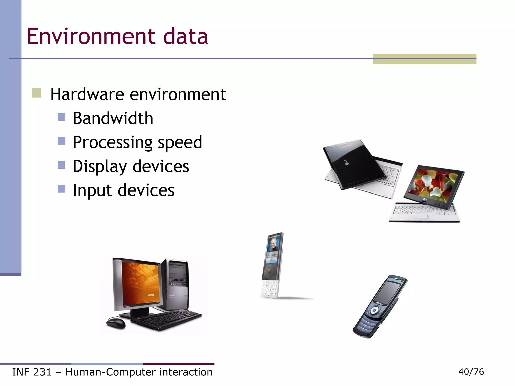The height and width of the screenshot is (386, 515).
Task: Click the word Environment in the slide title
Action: point(91,37)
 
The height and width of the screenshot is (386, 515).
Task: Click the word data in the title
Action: point(186,37)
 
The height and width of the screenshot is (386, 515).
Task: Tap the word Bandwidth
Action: point(113,118)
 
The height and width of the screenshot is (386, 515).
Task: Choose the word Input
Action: point(92,190)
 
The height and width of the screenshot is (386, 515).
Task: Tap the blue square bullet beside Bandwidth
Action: point(61,117)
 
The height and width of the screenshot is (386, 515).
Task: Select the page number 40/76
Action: point(471,372)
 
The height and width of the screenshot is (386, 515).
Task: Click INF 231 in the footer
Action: point(32,372)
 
